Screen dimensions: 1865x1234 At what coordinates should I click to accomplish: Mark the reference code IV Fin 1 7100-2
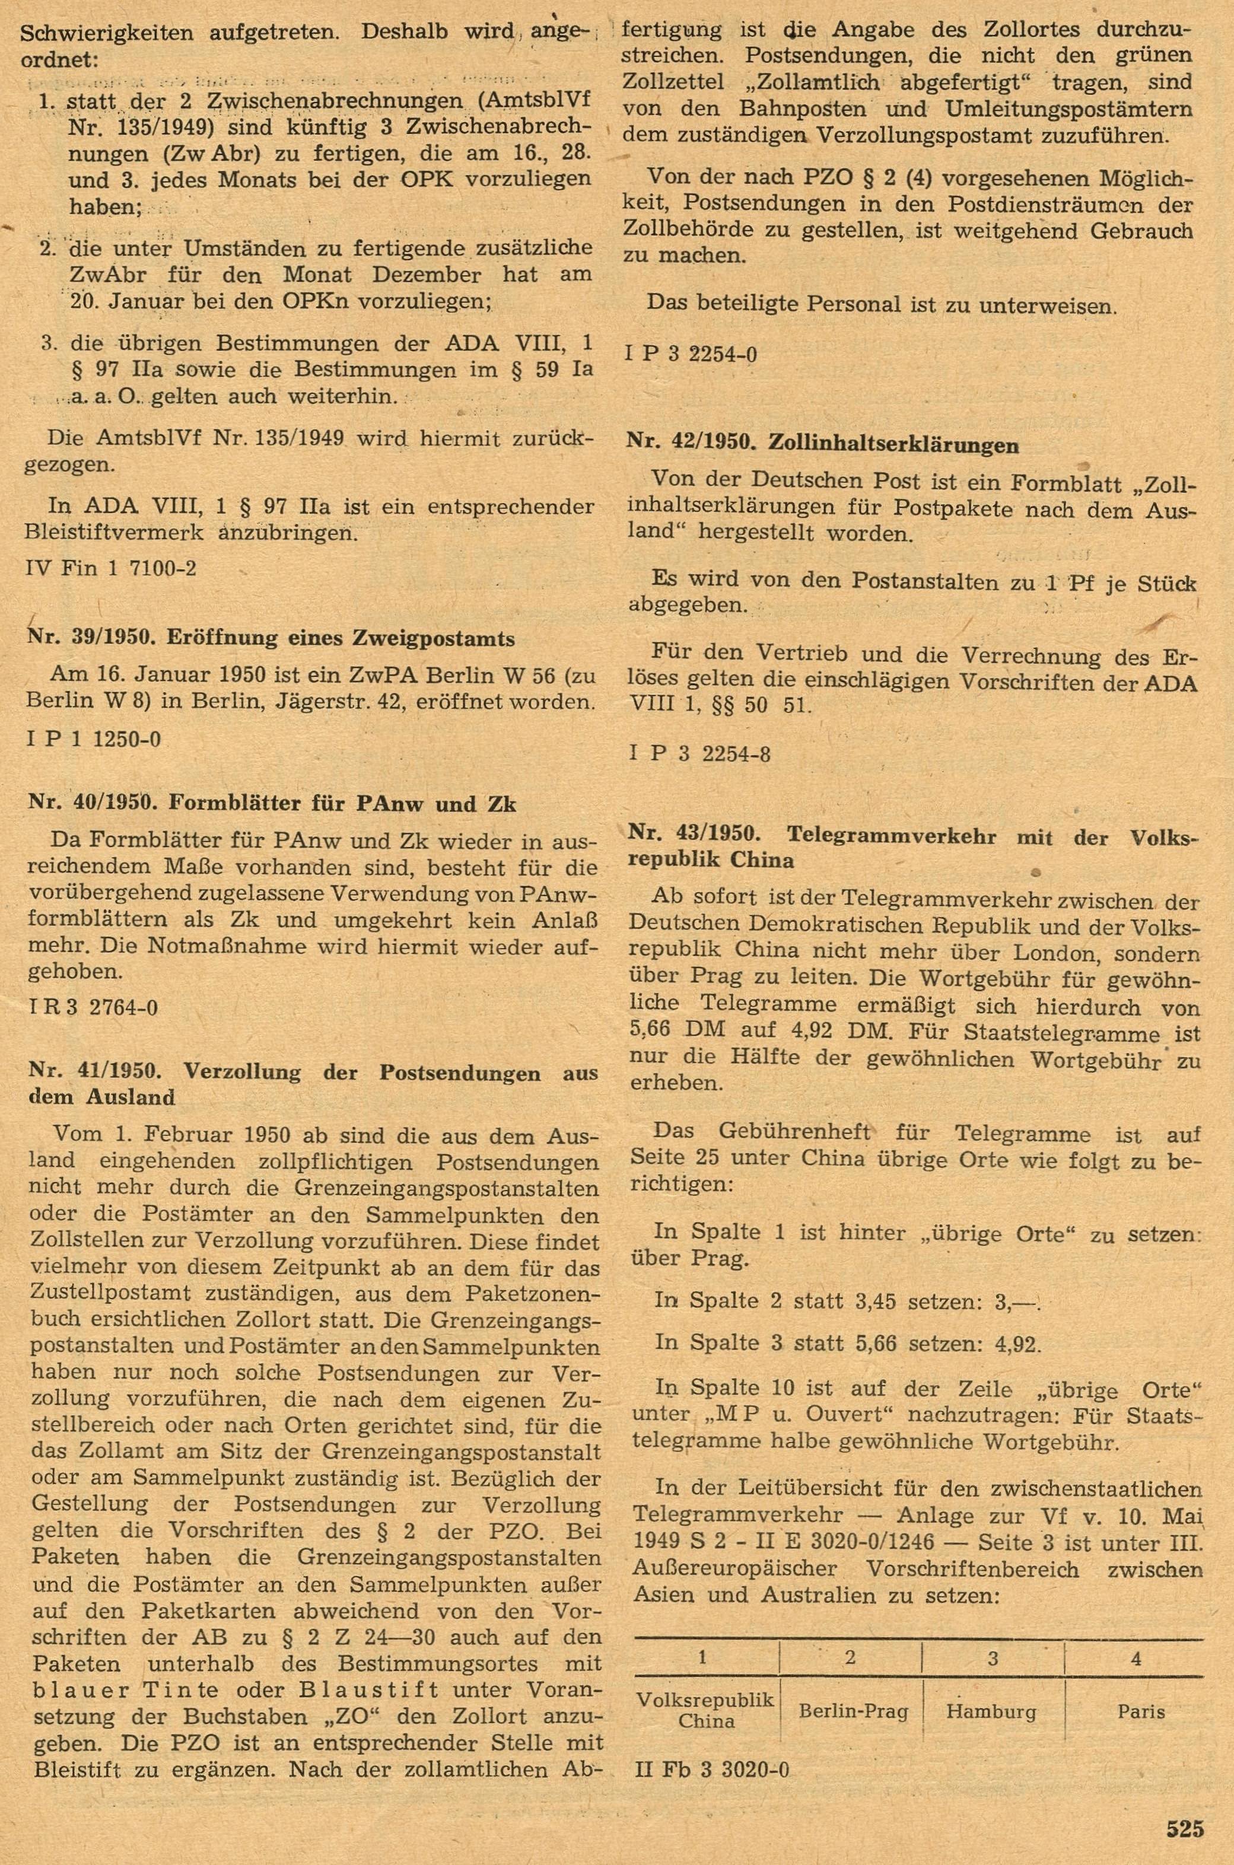pyautogui.click(x=111, y=567)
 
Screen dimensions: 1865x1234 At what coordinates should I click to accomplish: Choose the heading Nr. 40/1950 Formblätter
pyautogui.click(x=272, y=804)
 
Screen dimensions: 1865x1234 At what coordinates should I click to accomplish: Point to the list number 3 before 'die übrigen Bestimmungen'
pyautogui.click(x=51, y=344)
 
